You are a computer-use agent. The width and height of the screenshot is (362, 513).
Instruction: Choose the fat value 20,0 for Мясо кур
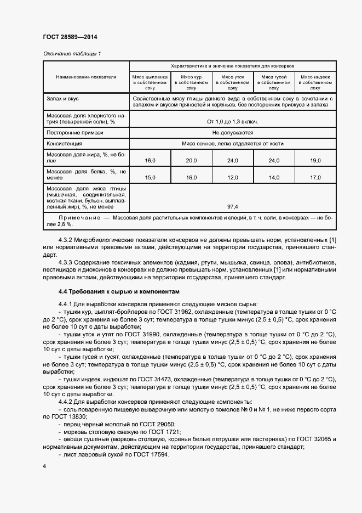click(x=191, y=160)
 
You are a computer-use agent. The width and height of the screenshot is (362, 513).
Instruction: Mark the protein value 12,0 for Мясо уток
click(x=232, y=177)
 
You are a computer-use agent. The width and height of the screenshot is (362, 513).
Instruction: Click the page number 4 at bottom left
click(x=44, y=466)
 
